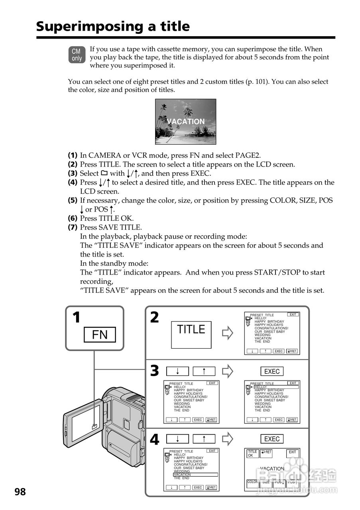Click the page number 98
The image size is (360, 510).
pyautogui.click(x=20, y=492)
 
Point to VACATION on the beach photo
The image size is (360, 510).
pyautogui.click(x=185, y=122)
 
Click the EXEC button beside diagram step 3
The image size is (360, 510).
pyautogui.click(x=272, y=371)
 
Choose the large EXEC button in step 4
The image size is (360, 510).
pyautogui.click(x=272, y=439)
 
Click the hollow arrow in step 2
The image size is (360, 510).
pyautogui.click(x=227, y=333)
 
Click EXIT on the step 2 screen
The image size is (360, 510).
pyautogui.click(x=293, y=315)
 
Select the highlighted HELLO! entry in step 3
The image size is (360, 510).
pyautogui.click(x=276, y=387)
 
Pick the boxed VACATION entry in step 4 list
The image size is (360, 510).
pyautogui.click(x=195, y=475)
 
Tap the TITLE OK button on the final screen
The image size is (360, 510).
pyautogui.click(x=253, y=453)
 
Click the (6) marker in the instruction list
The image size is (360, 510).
pyautogui.click(x=73, y=218)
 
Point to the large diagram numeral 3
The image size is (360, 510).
pyautogui.click(x=154, y=371)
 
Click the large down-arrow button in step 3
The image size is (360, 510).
pyautogui.click(x=177, y=371)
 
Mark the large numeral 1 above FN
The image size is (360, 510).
pyautogui.click(x=76, y=318)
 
